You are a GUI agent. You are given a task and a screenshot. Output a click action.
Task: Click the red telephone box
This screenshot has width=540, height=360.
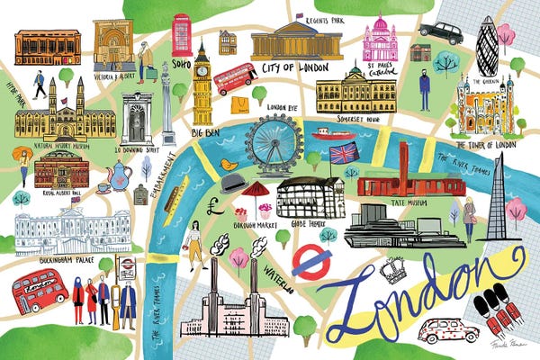pyautogui.click(x=183, y=34)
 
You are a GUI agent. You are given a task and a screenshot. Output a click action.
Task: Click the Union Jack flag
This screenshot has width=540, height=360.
pyautogui.click(x=343, y=154)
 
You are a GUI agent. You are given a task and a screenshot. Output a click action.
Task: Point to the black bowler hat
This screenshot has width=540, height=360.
pyautogui.click(x=235, y=182)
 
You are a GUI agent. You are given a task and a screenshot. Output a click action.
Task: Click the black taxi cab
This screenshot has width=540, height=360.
pyautogui.click(x=441, y=32)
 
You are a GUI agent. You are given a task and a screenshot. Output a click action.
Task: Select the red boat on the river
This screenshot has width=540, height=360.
pyautogui.click(x=333, y=135)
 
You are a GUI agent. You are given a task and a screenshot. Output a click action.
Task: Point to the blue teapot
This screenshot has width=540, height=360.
pyautogui.click(x=119, y=171)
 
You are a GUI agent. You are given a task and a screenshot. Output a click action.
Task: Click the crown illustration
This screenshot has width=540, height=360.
pyautogui.click(x=393, y=269)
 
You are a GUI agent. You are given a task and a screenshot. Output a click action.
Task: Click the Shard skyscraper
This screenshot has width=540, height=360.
pyautogui.click(x=497, y=198)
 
